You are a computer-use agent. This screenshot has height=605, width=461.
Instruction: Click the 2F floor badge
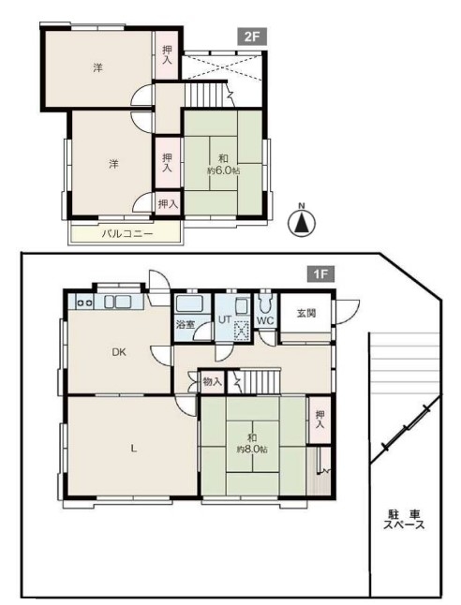(252, 37)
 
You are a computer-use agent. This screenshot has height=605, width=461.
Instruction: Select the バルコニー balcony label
(127, 234)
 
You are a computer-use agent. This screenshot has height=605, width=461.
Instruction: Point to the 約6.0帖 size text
(224, 171)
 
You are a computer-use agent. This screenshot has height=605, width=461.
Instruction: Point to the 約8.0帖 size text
(252, 450)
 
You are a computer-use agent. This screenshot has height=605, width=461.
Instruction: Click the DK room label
(119, 352)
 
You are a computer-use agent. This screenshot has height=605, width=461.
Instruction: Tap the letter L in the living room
(133, 449)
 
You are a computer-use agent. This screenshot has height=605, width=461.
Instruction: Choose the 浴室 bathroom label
(186, 324)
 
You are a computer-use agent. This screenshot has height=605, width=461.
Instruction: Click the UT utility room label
(225, 320)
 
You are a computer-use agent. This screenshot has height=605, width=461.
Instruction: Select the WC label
(265, 320)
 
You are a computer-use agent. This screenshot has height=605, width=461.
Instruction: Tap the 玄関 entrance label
(306, 313)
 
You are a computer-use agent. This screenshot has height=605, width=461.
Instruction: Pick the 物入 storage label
(213, 382)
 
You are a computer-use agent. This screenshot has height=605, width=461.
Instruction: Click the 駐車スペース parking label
(404, 520)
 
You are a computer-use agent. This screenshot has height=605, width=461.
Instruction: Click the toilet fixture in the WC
(265, 303)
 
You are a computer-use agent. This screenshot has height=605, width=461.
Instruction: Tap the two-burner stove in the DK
(85, 302)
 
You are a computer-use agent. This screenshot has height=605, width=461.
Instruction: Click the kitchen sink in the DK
(117, 302)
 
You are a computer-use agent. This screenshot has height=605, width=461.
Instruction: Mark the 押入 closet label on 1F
(320, 420)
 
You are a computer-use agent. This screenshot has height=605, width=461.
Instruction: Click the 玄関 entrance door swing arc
(351, 309)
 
